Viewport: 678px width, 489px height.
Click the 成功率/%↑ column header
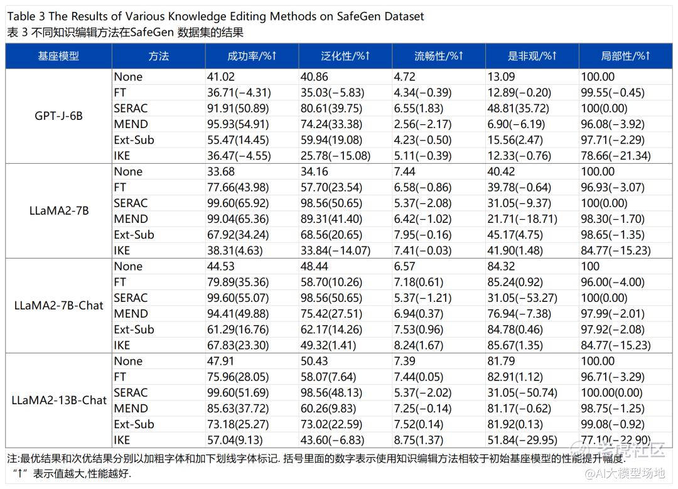(x=252, y=56)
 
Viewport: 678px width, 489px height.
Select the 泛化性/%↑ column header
(x=345, y=56)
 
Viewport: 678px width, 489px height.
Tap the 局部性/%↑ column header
(x=625, y=56)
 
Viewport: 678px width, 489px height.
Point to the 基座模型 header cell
(x=58, y=56)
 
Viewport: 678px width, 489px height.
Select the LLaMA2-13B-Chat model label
(x=59, y=400)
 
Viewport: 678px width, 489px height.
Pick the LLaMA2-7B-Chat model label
(x=59, y=306)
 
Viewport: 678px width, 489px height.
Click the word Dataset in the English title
(x=401, y=16)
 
